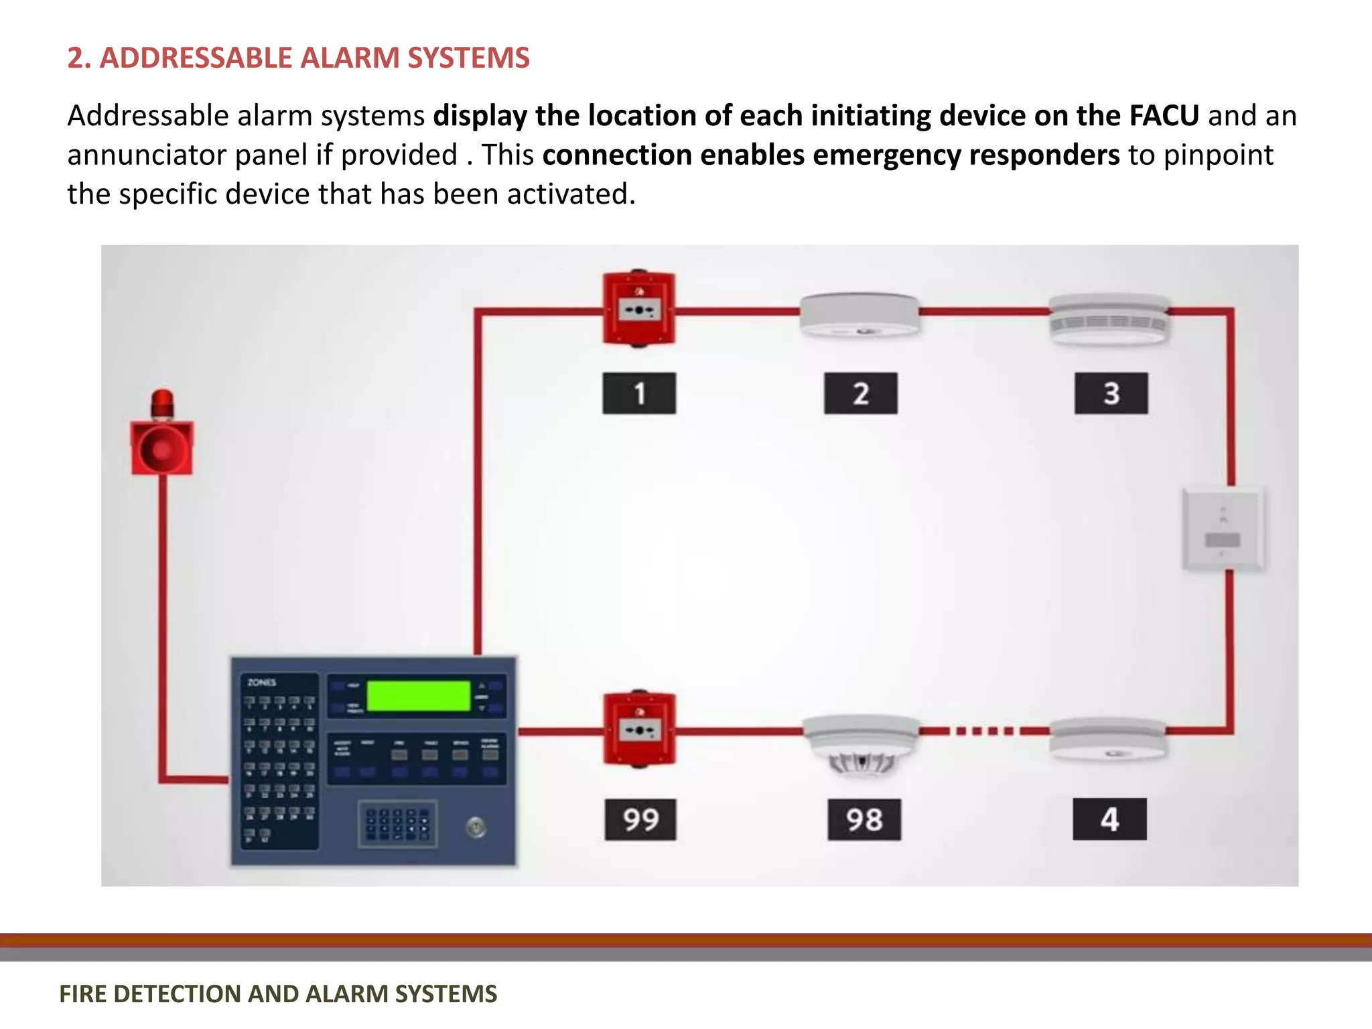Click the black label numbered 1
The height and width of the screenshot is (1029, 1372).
pyautogui.click(x=639, y=393)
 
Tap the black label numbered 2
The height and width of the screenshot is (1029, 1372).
pyautogui.click(x=860, y=393)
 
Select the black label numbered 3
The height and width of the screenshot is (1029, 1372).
pyautogui.click(x=1111, y=393)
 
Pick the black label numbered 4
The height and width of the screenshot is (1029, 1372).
pyautogui.click(x=1109, y=819)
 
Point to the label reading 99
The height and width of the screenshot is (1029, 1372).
pyautogui.click(x=640, y=819)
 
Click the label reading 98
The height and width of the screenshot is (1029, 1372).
pyautogui.click(x=864, y=819)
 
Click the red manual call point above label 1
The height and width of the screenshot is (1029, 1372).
pyautogui.click(x=639, y=309)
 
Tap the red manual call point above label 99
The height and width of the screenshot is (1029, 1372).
pyautogui.click(x=639, y=729)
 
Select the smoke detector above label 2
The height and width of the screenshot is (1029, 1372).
pyautogui.click(x=860, y=315)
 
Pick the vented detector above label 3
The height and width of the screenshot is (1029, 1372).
pyautogui.click(x=1109, y=320)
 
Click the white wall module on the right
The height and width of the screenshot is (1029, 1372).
pyautogui.click(x=1223, y=529)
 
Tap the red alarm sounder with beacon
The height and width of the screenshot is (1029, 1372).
pyautogui.click(x=162, y=435)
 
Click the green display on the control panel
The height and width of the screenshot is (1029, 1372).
pyautogui.click(x=418, y=696)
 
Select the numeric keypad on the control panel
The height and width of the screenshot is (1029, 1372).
pyautogui.click(x=397, y=824)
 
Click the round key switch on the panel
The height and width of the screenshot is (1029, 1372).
pyautogui.click(x=476, y=828)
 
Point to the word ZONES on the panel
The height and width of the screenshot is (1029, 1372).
pyautogui.click(x=261, y=683)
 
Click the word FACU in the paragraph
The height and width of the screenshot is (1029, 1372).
pyautogui.click(x=1164, y=116)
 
